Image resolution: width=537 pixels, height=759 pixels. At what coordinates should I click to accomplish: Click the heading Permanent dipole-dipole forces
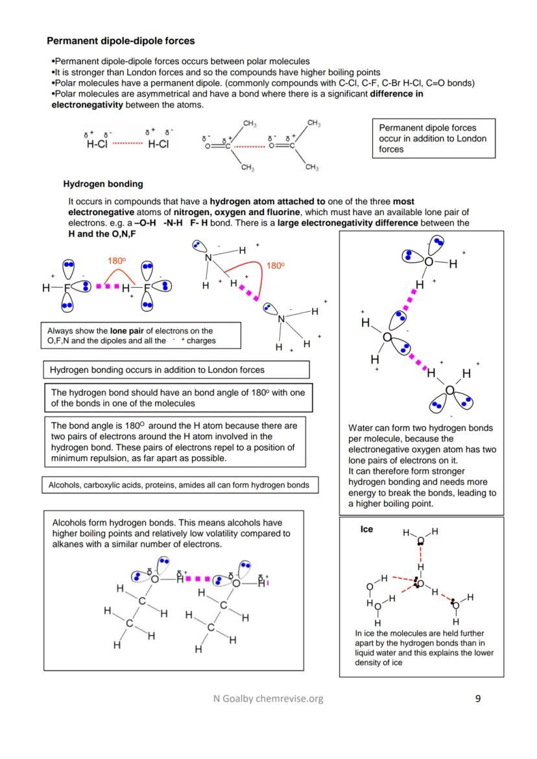[121, 41]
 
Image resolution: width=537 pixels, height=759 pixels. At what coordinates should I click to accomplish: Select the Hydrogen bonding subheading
[103, 184]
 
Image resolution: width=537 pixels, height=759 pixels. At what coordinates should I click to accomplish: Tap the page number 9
[478, 698]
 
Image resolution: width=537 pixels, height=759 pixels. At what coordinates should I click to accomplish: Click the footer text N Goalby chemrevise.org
[268, 698]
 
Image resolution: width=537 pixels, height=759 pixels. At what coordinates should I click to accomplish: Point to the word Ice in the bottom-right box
[366, 530]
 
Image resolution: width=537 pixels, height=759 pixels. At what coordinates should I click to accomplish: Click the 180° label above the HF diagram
[117, 261]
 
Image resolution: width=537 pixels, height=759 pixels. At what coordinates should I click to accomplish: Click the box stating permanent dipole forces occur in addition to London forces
[433, 138]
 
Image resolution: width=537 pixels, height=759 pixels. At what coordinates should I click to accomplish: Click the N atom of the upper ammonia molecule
[209, 258]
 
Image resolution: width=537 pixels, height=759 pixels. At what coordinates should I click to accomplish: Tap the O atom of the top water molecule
[428, 262]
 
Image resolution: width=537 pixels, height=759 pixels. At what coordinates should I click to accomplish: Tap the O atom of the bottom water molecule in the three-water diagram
[449, 390]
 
